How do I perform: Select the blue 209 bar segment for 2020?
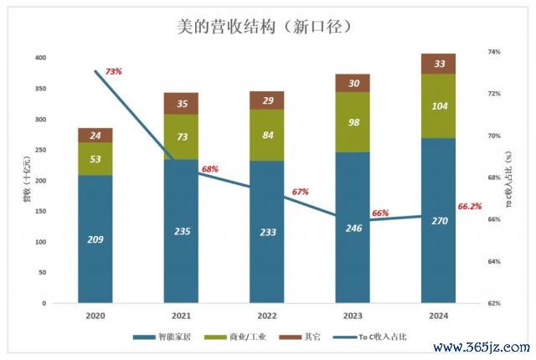click(95, 239)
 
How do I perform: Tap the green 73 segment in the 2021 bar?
click(181, 136)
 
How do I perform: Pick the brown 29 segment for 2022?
click(267, 100)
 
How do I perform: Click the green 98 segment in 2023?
click(353, 122)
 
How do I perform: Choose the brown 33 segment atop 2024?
click(438, 64)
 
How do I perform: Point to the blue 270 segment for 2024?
click(438, 221)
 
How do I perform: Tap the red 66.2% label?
click(470, 207)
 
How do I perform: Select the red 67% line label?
click(300, 192)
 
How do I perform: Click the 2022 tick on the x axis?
click(267, 316)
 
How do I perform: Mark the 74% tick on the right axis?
click(494, 52)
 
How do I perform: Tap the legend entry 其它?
click(314, 337)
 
